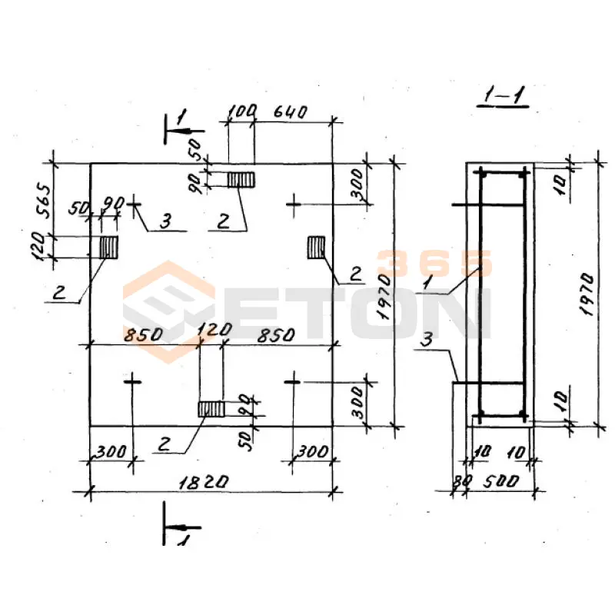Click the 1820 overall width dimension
pyautogui.click(x=203, y=482)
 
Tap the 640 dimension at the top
pyautogui.click(x=291, y=111)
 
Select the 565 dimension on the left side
pyautogui.click(x=44, y=201)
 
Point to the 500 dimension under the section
pyautogui.click(x=500, y=481)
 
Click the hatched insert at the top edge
pyautogui.click(x=241, y=180)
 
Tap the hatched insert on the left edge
pyautogui.click(x=109, y=247)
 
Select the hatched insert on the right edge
pyautogui.click(x=316, y=247)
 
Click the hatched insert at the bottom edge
pyautogui.click(x=211, y=409)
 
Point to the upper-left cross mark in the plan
pyautogui.click(x=134, y=204)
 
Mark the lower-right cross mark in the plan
pyautogui.click(x=292, y=381)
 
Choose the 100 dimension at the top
pyautogui.click(x=242, y=111)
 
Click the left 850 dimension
pyautogui.click(x=143, y=335)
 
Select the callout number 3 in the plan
pyautogui.click(x=166, y=221)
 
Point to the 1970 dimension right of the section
pyautogui.click(x=587, y=294)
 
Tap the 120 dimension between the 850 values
pyautogui.click(x=214, y=330)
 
